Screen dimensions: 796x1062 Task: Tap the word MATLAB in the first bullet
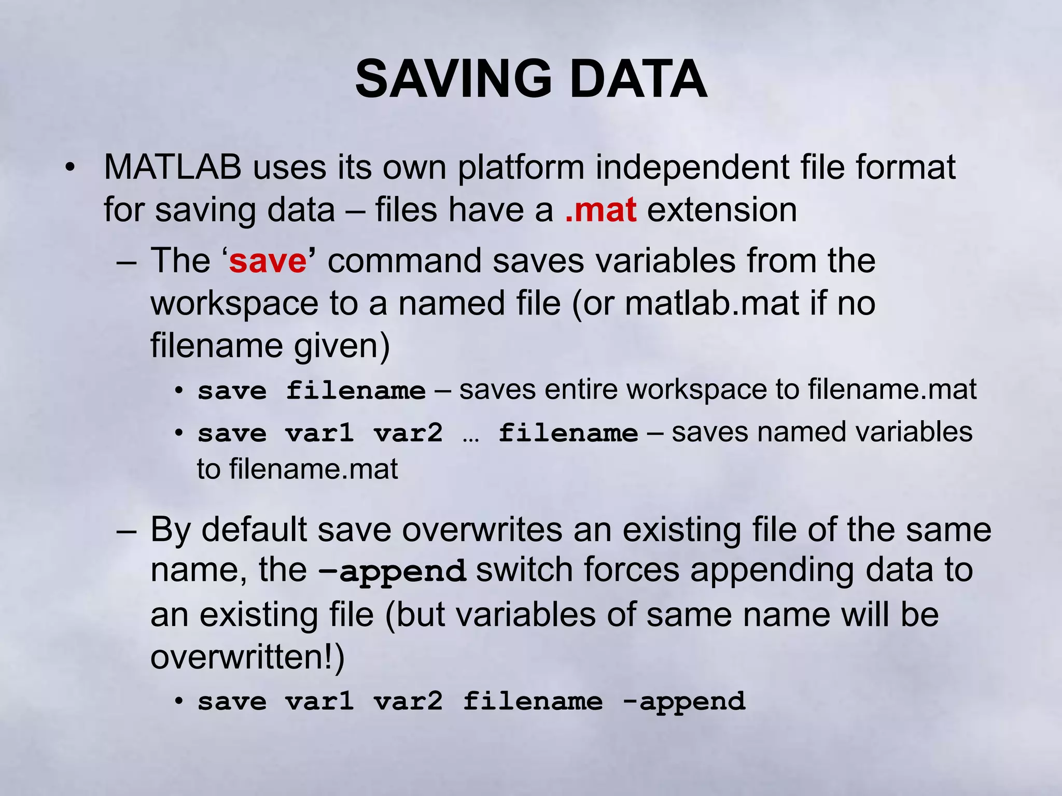172,167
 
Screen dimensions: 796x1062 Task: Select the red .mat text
600,210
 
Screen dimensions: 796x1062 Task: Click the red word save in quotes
268,261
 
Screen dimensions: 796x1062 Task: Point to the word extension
722,210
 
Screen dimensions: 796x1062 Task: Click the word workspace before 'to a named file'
234,304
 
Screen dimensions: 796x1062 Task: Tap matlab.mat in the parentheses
711,303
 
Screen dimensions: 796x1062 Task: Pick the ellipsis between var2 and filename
470,433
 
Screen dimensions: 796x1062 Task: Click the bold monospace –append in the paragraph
393,572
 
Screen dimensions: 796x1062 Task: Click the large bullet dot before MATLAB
71,167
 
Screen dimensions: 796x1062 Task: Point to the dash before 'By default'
127,530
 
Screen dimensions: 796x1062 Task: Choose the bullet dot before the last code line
179,701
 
